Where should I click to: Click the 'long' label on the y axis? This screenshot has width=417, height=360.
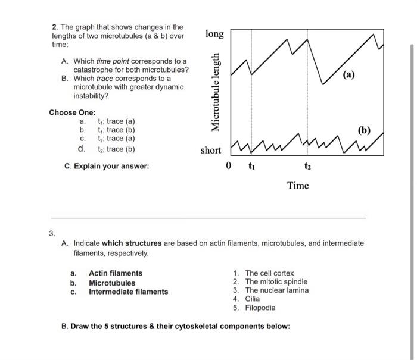pos(214,34)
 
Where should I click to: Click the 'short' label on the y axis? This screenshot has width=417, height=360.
pos(210,150)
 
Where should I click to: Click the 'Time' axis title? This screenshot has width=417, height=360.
pos(298,186)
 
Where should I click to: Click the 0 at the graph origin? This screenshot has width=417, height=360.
pos(229,166)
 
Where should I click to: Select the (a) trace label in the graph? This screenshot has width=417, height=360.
pos(349,74)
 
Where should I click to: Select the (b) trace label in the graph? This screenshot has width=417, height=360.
pos(364,129)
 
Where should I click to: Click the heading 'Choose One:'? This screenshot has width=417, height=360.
pos(71,112)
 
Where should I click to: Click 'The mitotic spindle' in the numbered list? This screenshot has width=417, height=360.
pos(276,281)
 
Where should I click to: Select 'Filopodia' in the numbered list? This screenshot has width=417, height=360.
pos(260,308)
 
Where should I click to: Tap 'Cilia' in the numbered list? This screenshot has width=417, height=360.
pos(253,299)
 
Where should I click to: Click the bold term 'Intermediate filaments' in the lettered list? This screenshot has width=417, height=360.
pos(128,292)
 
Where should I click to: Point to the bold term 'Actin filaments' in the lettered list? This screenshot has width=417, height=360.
pos(116,273)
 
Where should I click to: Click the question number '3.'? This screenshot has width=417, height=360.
pos(53,233)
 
